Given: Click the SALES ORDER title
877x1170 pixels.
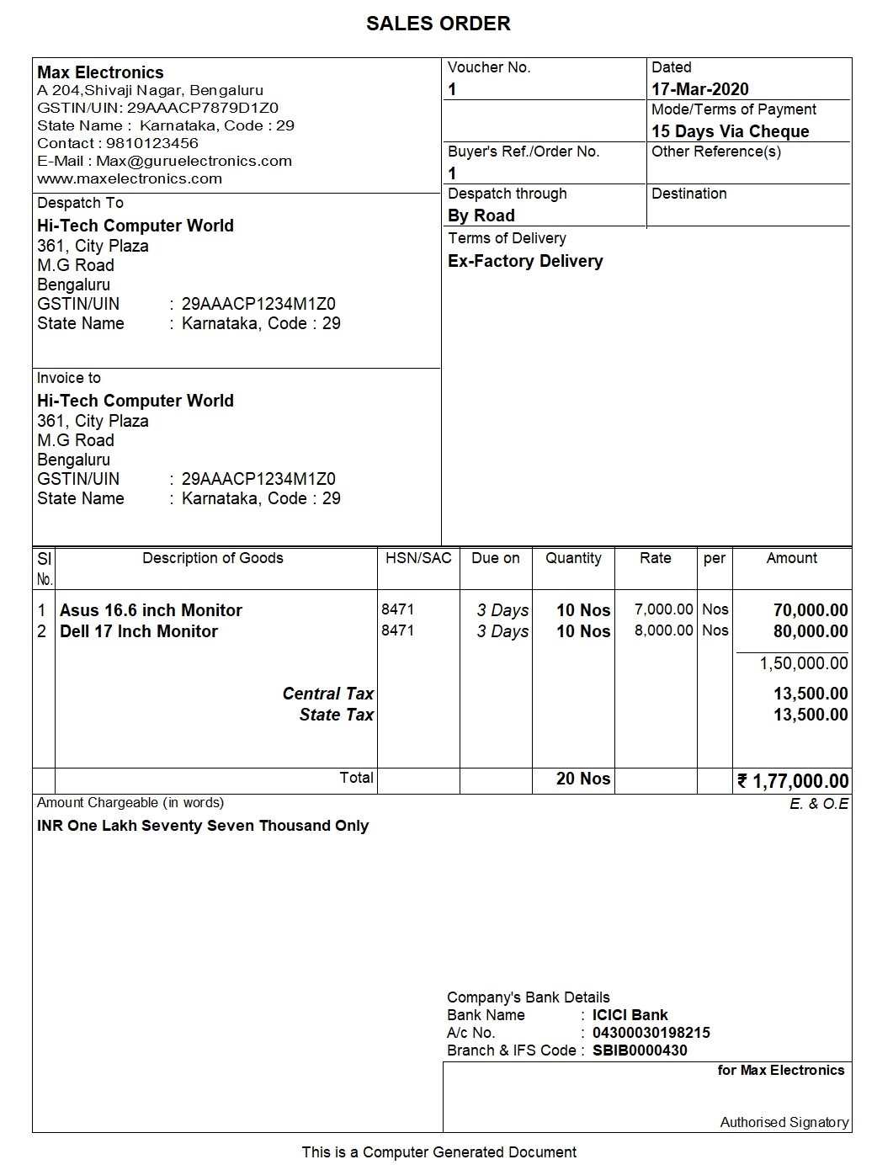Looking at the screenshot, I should [438, 24].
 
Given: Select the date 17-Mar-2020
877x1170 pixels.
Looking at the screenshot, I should [699, 89].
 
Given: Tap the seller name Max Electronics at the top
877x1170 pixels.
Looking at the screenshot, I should [100, 72].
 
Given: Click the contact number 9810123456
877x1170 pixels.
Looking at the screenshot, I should [151, 143].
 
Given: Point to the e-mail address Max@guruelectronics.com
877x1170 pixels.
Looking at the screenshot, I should [194, 161].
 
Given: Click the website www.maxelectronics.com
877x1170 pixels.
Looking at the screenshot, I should [130, 178].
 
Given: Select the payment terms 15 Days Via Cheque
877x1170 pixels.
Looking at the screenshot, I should [730, 131].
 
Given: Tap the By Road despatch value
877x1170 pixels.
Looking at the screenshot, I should [481, 215].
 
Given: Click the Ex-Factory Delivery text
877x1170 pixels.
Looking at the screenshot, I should [525, 261].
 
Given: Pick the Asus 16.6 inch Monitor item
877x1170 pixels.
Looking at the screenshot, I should [151, 610].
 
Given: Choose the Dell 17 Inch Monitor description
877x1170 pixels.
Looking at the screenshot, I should [139, 631].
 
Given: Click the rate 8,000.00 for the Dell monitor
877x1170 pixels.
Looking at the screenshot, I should [663, 630].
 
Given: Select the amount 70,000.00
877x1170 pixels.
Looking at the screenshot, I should [810, 610].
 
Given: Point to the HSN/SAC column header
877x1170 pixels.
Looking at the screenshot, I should [418, 558].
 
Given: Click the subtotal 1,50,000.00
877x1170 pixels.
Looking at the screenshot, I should [803, 663].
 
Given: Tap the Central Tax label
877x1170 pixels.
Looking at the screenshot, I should [327, 694].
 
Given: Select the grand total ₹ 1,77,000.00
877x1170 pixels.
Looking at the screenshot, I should [793, 781].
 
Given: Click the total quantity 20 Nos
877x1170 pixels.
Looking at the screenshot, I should [582, 779].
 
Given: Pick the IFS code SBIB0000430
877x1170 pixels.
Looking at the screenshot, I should [640, 1050].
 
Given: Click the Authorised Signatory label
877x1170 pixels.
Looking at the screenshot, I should [784, 1122].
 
